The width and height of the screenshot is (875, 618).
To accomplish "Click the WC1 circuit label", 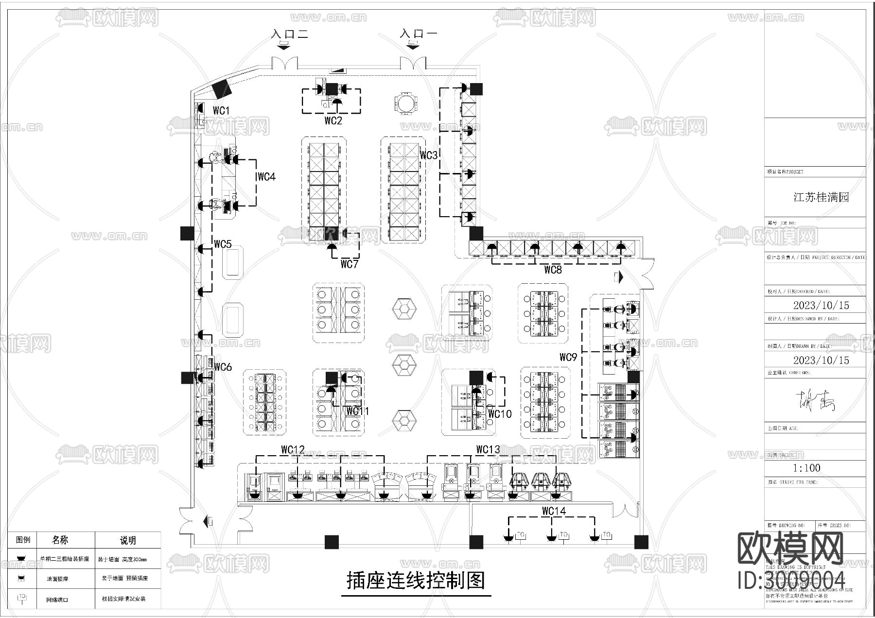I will point(221,111).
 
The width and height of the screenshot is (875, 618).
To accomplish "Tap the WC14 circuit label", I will point(554,511).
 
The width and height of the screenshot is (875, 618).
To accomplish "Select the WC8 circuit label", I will point(553,270).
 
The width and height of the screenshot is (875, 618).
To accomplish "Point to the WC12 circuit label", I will point(293,450).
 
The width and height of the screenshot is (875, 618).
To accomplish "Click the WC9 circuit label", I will point(568,358).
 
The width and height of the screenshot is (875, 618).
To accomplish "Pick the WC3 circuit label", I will point(429,155).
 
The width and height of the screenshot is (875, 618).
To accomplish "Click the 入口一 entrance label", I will point(419,34).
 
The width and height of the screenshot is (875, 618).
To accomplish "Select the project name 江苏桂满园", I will point(821,197).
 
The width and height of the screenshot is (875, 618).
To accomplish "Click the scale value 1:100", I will point(806,468).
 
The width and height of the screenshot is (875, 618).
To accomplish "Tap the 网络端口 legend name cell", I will point(57,600).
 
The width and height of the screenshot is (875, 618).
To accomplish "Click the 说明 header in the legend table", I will point(127,540).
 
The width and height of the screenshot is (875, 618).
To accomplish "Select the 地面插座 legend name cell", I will point(57,579).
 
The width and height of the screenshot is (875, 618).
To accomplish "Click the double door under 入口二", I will point(284,64).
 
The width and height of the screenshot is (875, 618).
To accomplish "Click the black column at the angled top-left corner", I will point(222,89).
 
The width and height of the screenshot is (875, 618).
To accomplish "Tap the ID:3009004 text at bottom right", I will point(791,581).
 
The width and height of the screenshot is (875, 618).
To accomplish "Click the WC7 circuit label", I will point(349,264).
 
